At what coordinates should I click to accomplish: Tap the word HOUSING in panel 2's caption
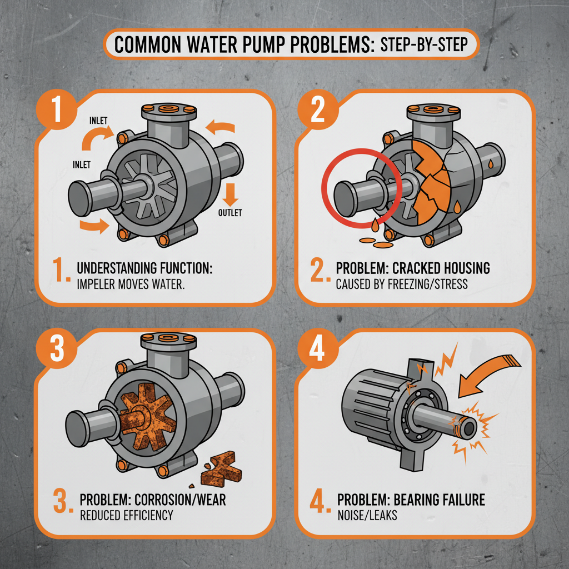point(462,268)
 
